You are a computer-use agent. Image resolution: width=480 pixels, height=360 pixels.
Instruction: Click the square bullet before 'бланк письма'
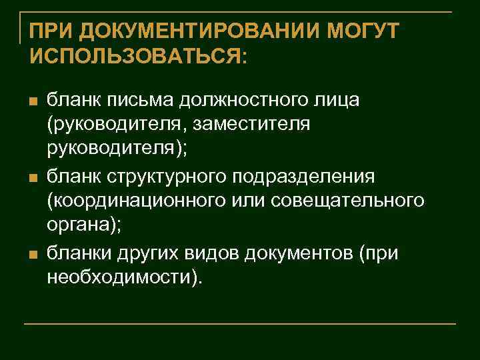click(x=31, y=101)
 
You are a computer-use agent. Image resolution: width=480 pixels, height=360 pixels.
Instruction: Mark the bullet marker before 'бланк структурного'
click(x=31, y=177)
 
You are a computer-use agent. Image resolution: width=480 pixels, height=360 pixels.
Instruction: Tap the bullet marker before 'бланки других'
click(x=31, y=254)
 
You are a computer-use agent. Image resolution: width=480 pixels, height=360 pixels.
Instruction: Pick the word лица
click(x=337, y=100)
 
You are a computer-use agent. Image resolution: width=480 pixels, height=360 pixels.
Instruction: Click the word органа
click(x=78, y=227)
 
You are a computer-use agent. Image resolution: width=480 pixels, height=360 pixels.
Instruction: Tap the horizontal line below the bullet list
click(x=240, y=324)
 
